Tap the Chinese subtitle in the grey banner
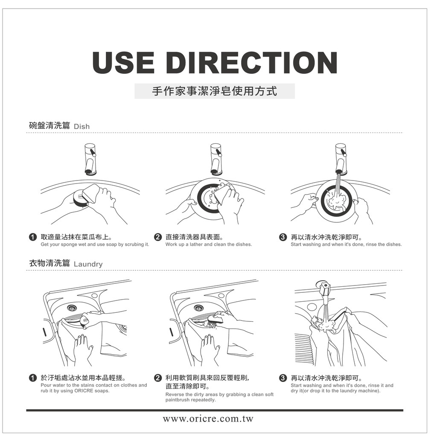point(215,91)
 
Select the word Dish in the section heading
point(82,126)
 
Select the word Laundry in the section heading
point(88,264)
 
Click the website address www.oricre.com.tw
point(208,419)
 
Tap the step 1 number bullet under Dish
point(32,237)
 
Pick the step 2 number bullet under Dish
point(158,237)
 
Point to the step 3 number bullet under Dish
point(283,237)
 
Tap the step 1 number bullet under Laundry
point(32,378)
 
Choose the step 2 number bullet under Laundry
point(158,378)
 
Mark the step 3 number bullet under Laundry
point(283,378)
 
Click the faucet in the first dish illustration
point(90,160)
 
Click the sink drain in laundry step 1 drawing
point(72,308)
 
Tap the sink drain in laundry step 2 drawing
point(199,308)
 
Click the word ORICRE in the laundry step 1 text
point(83,391)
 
